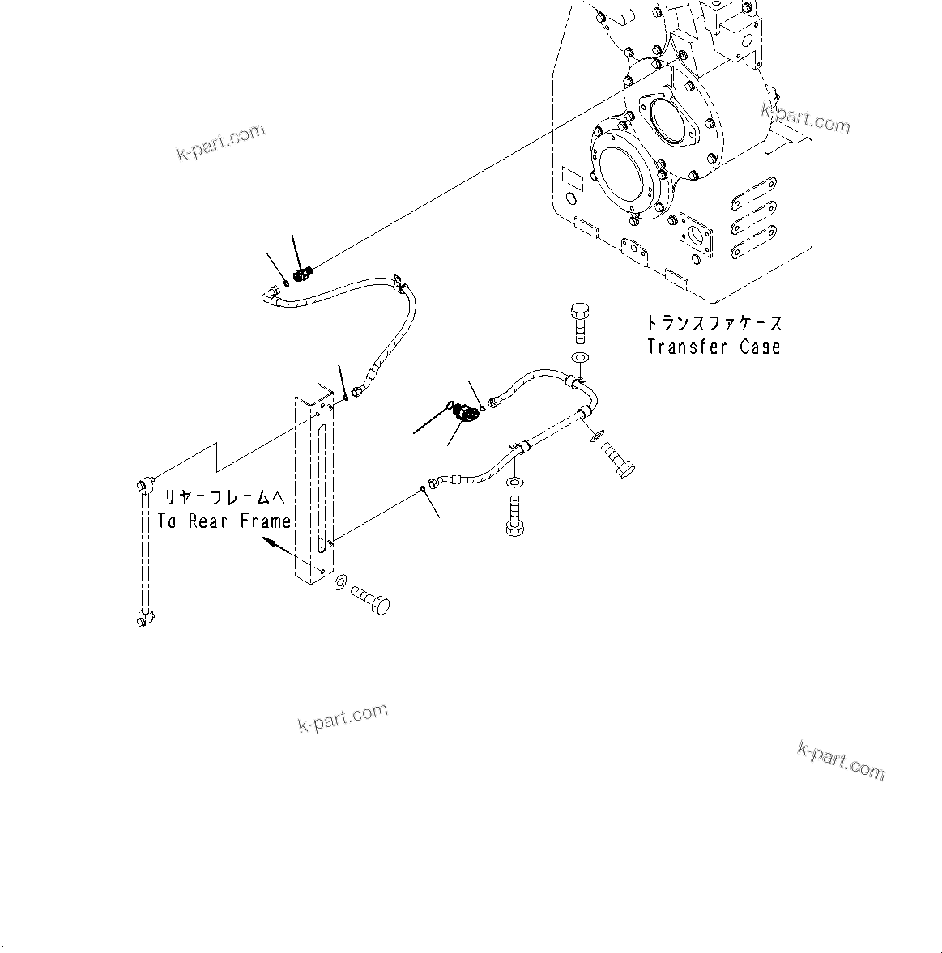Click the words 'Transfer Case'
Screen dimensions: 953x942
714,347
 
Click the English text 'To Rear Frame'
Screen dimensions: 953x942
224,521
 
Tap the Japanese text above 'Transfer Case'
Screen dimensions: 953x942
714,323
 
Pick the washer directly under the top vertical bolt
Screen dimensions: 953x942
580,357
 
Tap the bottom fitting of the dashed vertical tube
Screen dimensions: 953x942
142,619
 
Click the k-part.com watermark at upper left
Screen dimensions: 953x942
220,142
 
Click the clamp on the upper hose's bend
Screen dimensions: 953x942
399,283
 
